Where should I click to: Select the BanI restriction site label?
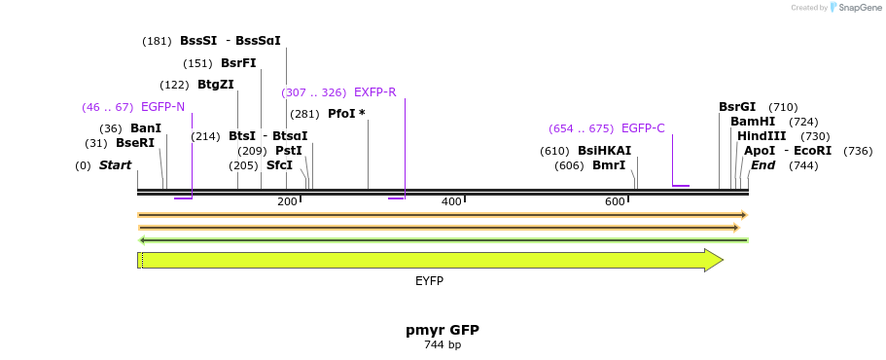click(x=146, y=128)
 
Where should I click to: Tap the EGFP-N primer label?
click(x=162, y=107)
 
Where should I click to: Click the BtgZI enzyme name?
click(x=215, y=85)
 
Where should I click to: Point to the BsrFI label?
click(x=238, y=63)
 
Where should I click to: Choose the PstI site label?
click(x=289, y=151)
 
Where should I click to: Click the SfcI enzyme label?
click(x=279, y=165)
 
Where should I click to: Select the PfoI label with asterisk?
click(x=346, y=114)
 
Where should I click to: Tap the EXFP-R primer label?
click(x=374, y=92)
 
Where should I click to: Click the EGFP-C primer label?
click(x=643, y=128)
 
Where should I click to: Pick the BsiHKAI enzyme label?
click(x=604, y=151)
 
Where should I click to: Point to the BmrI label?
click(x=609, y=165)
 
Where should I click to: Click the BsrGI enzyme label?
click(x=737, y=107)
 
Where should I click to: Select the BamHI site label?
click(x=753, y=122)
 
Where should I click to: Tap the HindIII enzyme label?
click(x=762, y=136)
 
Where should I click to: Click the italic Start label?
click(x=115, y=165)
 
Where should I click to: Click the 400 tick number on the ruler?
click(x=451, y=201)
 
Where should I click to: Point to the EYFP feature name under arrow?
click(x=429, y=281)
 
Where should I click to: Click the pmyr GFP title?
click(x=443, y=330)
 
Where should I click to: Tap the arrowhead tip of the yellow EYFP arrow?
click(x=722, y=260)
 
